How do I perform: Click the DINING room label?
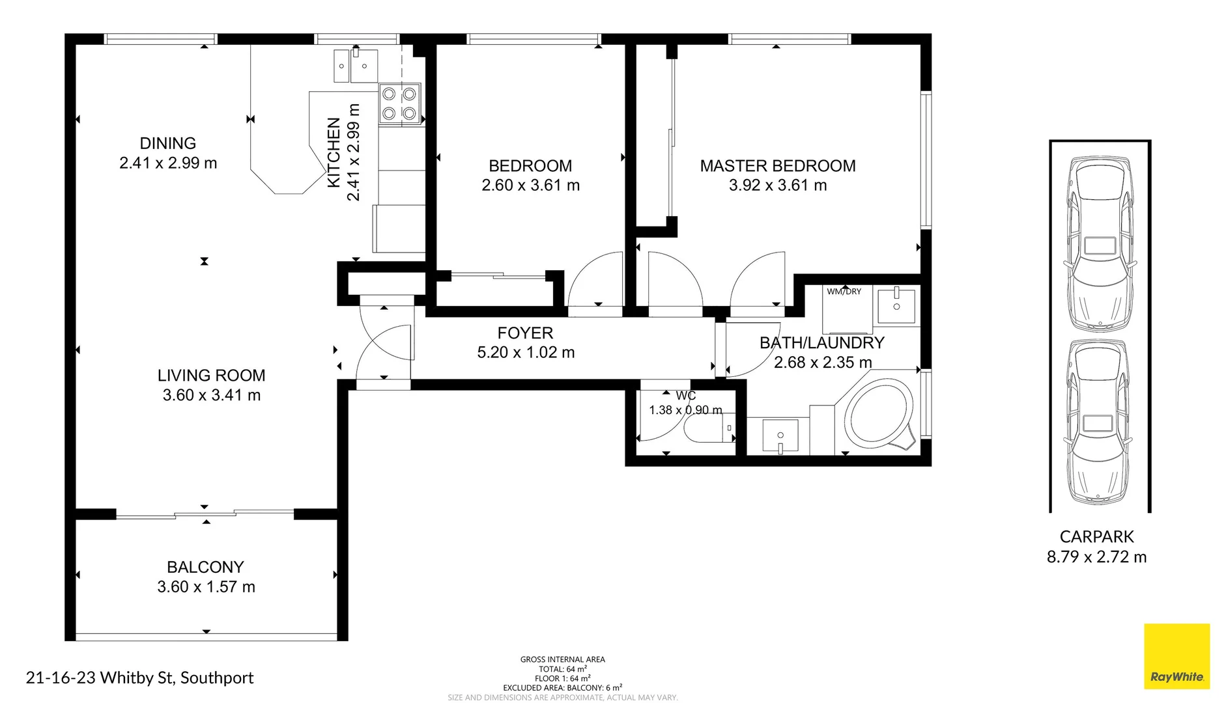click(167, 143)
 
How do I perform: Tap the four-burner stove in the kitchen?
click(399, 104)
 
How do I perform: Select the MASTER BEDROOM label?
click(777, 166)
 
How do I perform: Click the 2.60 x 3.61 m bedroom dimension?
click(530, 186)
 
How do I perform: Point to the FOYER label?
click(525, 333)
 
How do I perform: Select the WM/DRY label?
click(844, 292)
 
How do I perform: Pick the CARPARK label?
click(1096, 537)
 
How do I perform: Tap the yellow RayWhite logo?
click(1176, 656)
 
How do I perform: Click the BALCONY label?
click(205, 567)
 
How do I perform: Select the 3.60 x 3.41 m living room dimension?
click(211, 395)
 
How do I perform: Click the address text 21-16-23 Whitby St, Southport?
click(139, 678)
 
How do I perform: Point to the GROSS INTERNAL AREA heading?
click(562, 659)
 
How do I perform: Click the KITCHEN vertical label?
click(334, 152)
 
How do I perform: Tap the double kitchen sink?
click(356, 66)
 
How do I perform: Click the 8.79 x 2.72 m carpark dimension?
click(1096, 557)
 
